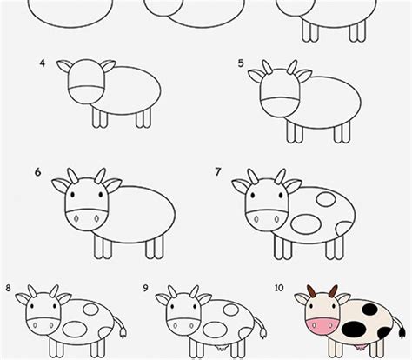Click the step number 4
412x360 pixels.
tap(41, 63)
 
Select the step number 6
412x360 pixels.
tap(38, 172)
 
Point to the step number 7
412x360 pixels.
tap(218, 172)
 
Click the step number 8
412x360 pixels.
tap(8, 287)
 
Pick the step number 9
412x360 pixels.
tap(146, 287)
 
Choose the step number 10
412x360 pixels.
tap(280, 287)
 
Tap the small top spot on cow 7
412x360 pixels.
tap(325, 200)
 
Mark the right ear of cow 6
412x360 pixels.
tap(113, 184)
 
